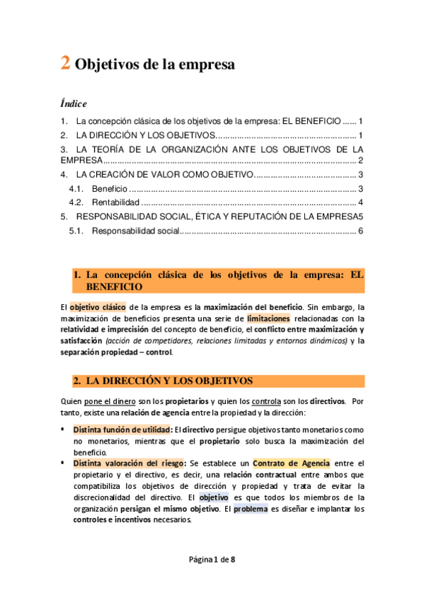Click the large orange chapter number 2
[x=64, y=64]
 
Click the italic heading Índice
[x=74, y=103]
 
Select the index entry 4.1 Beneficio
[x=110, y=188]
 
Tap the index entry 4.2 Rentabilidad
[x=115, y=203]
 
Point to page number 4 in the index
[x=360, y=203]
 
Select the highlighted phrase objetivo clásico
[x=98, y=307]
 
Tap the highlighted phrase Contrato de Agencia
[x=291, y=463]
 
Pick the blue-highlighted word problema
[x=251, y=508]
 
